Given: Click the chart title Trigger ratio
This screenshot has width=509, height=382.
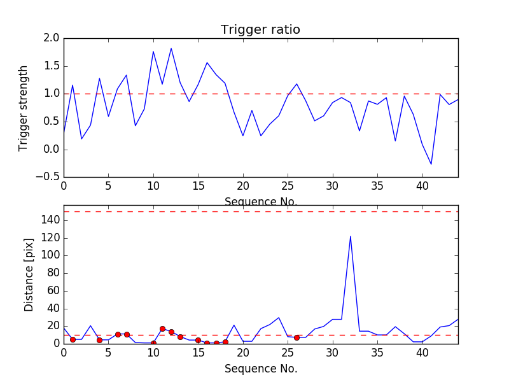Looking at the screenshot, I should pos(260,30).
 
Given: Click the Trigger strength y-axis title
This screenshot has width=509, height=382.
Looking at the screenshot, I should pos(24,108).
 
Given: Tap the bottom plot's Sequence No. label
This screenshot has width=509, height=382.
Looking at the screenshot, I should pos(260,369).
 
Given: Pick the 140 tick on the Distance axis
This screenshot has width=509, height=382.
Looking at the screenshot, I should pos(50,220).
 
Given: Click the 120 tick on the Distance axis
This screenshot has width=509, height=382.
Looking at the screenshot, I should pos(50,237).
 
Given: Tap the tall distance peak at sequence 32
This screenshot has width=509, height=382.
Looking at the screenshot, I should pos(351,237).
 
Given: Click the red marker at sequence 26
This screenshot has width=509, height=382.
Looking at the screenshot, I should pos(296,337).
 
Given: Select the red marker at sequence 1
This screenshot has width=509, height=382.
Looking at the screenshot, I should pos(73,339).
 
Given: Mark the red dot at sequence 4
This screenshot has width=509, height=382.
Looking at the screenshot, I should pos(99,340).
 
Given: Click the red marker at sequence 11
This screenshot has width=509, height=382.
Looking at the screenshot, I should pos(162,329).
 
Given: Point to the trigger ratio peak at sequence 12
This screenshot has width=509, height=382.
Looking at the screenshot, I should pos(171,48).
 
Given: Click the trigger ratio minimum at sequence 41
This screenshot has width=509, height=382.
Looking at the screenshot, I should pos(431,164).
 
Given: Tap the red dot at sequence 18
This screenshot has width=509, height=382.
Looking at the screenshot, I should pos(225,342).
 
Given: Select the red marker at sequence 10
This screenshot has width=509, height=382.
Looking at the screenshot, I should pos(153,343).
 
